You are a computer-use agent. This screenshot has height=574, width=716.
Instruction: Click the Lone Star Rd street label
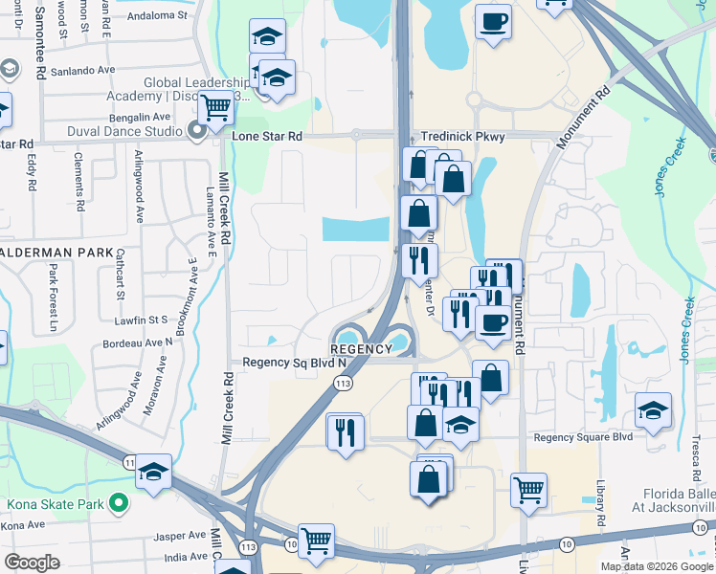click(x=268, y=137)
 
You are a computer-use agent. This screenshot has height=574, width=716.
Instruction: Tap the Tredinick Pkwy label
click(x=463, y=137)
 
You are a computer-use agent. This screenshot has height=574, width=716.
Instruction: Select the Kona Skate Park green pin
click(x=118, y=501)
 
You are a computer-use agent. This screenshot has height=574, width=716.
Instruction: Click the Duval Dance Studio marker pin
click(x=198, y=131)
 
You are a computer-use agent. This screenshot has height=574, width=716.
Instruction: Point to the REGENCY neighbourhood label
click(x=362, y=349)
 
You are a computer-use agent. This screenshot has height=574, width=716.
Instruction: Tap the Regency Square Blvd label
click(x=584, y=437)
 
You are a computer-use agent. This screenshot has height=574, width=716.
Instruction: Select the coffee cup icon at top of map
click(x=494, y=23)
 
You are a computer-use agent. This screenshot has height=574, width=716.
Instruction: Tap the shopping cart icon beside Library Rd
click(x=528, y=491)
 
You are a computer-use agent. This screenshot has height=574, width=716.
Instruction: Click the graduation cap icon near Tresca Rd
click(x=654, y=411)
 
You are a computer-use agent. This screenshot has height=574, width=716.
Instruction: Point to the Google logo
click(x=32, y=563)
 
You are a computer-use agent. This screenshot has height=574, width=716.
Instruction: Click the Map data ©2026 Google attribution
click(x=656, y=566)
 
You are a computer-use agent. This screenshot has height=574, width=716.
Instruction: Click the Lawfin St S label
click(x=141, y=318)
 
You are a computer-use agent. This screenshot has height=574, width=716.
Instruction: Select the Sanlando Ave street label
click(x=85, y=70)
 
